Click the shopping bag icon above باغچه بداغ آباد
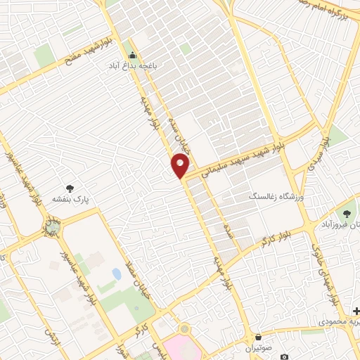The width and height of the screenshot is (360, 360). (131, 56)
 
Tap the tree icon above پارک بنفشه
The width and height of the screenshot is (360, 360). (70, 188)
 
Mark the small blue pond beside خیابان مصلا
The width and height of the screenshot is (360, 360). (116, 273)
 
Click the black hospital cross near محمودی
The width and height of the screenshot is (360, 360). (356, 311)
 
